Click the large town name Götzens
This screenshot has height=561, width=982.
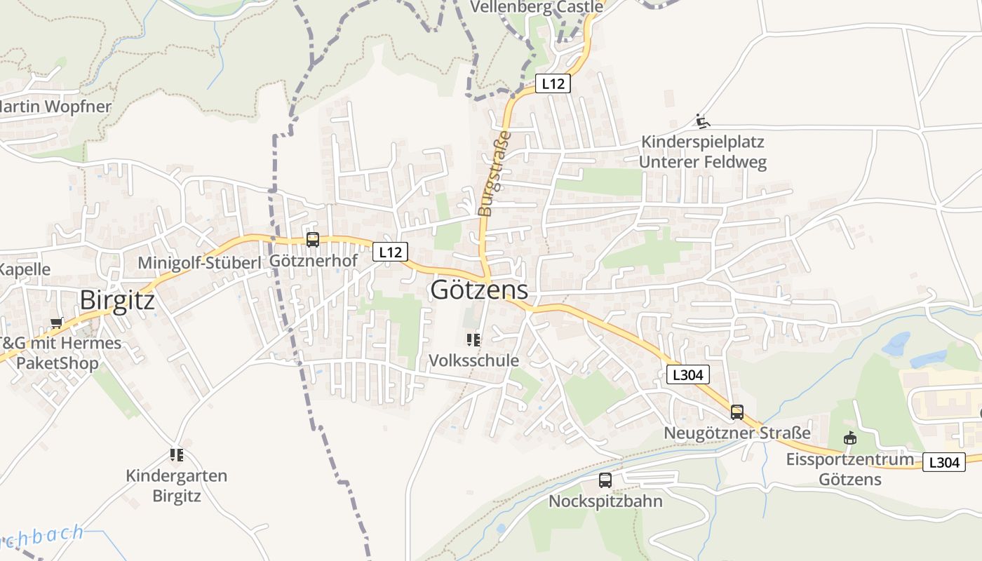(479, 290)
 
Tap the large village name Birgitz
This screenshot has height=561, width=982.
(117, 299)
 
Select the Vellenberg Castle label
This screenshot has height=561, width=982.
(537, 7)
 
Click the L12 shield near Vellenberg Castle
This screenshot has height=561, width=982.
(553, 83)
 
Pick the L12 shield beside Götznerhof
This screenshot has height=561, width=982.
(390, 252)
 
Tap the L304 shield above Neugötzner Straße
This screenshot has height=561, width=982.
(687, 374)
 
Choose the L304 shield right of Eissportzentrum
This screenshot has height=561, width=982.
(944, 462)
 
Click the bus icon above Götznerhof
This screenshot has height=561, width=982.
(313, 240)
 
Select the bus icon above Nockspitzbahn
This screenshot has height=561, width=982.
(605, 480)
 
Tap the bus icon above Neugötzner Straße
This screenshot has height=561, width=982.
(737, 412)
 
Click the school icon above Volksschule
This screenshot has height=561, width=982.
(474, 340)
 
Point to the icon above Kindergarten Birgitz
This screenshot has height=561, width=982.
(177, 455)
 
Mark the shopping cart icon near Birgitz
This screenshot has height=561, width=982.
(56, 323)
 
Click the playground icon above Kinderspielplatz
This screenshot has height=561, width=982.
(702, 121)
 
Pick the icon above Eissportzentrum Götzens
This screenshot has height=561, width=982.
(850, 438)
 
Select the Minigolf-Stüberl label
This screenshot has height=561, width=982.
(199, 262)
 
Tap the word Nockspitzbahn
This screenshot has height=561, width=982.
(605, 501)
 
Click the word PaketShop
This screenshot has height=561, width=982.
(58, 363)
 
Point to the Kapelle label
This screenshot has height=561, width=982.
(25, 269)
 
